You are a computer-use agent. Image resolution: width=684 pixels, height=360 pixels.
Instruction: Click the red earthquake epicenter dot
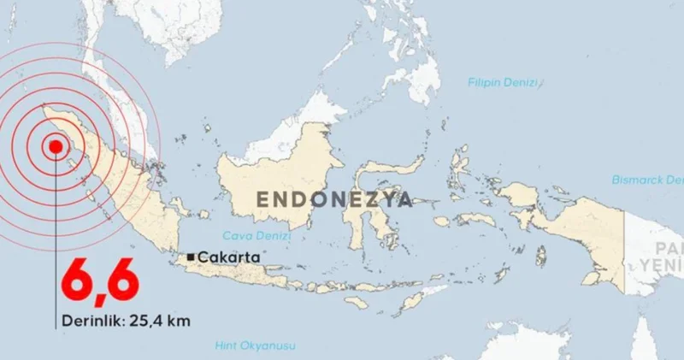[x=56, y=145]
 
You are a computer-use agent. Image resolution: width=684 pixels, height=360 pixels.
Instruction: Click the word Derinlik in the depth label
[x=90, y=322]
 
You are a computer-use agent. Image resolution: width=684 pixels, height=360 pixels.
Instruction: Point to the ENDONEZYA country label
[x=333, y=200]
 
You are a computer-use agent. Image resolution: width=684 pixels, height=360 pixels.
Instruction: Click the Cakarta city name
[x=229, y=257]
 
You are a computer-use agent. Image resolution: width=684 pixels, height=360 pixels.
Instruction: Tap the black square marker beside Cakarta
[x=191, y=257]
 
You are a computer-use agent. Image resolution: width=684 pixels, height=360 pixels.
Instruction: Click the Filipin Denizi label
[x=502, y=83]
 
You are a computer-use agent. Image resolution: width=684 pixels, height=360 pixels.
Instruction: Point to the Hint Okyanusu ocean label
[x=254, y=345]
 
